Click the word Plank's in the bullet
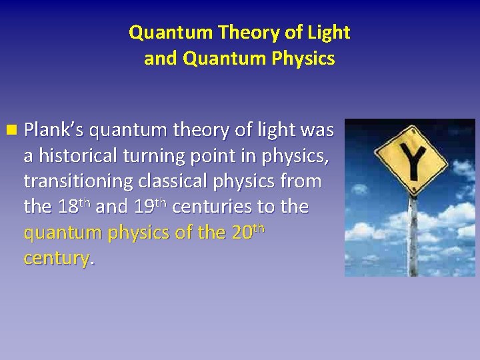54,131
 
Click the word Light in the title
329,32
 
